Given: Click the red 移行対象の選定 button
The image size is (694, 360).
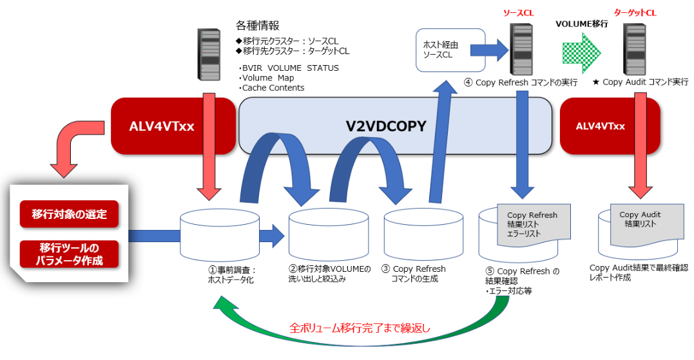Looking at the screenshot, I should tap(70, 214).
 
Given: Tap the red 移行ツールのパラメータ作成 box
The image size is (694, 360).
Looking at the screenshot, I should tap(70, 254).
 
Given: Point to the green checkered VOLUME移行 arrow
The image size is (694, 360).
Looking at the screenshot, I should tap(581, 52).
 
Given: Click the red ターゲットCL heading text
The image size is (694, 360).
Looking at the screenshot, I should tap(634, 12).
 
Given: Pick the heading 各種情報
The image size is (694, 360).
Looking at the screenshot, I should tap(257, 26).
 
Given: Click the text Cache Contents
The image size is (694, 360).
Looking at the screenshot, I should tap(273, 88).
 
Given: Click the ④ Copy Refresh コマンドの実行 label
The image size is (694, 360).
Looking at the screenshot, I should tap(521, 82).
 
